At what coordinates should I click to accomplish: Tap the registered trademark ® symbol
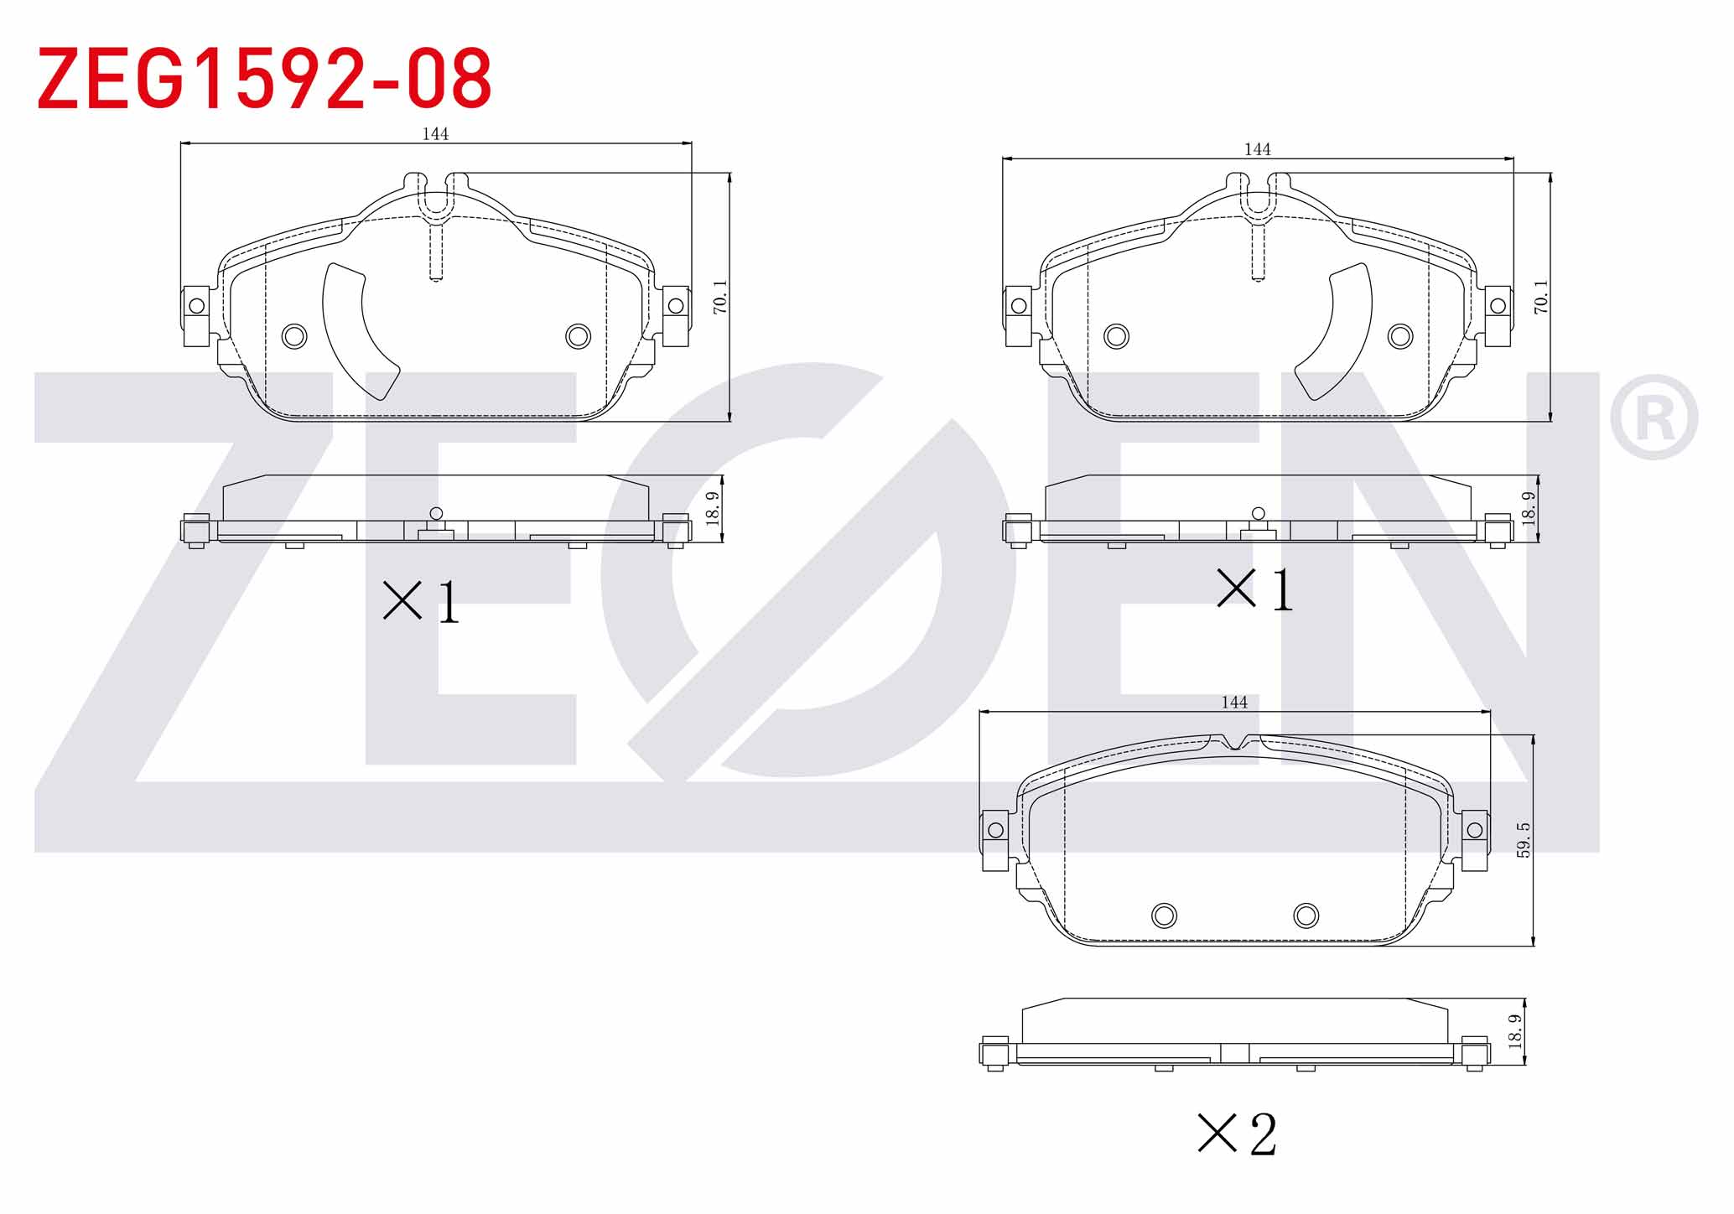[x=1654, y=418]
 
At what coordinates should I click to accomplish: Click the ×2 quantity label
[x=1237, y=1134]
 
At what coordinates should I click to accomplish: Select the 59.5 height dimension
[x=1524, y=840]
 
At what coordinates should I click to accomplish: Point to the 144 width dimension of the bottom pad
[x=1234, y=703]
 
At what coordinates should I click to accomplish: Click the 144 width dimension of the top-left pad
[x=435, y=134]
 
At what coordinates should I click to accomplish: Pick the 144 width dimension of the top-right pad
[x=1257, y=149]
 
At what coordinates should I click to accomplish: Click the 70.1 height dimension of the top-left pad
[x=720, y=297]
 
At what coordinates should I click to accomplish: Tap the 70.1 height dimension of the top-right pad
[x=1541, y=297]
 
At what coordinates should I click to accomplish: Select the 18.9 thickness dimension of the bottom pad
[x=1515, y=1031]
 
